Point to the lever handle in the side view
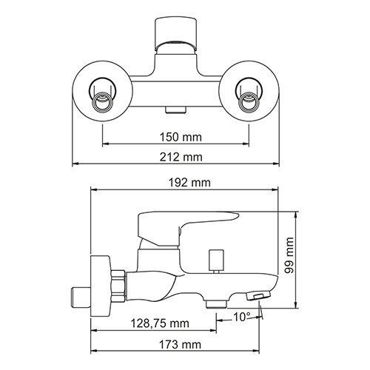click(185, 226)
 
